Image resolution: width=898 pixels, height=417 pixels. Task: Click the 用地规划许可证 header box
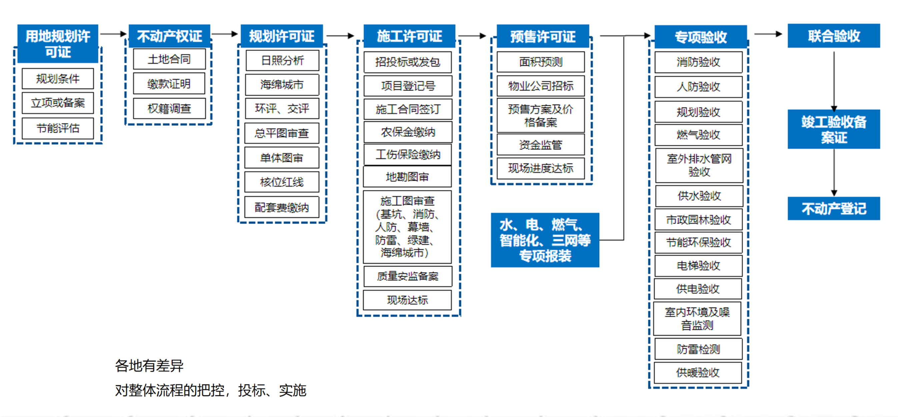coord(58,44)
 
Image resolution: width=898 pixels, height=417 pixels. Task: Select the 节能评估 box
coord(58,128)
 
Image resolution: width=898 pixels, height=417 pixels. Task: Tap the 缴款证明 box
coord(169,84)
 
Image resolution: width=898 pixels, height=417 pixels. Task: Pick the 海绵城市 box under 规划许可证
coord(282,84)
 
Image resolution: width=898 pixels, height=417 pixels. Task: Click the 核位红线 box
coord(282,182)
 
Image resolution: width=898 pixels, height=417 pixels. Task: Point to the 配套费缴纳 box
coord(282,207)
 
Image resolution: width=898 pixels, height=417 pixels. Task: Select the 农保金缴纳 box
coord(407,132)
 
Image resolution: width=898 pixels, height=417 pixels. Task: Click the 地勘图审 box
coord(407,177)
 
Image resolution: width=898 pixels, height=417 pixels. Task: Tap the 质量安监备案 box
coord(407,276)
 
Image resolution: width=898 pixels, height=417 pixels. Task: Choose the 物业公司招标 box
coord(541,86)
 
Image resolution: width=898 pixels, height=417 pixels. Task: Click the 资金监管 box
coord(541,145)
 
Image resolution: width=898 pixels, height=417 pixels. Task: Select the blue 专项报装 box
coord(545,240)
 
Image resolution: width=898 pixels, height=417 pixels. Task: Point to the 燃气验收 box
coord(698,135)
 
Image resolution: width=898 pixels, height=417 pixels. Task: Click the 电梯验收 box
coord(698,266)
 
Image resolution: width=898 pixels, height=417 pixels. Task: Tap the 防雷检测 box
coord(698,349)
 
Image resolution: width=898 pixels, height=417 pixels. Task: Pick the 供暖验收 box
coord(698,372)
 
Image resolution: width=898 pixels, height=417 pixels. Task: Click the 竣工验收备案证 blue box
coord(834,129)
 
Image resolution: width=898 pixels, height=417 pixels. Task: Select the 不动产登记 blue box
coord(834,208)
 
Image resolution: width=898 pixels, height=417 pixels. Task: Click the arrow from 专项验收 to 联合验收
coord(767,34)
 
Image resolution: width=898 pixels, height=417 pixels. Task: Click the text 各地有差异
coord(149,366)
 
